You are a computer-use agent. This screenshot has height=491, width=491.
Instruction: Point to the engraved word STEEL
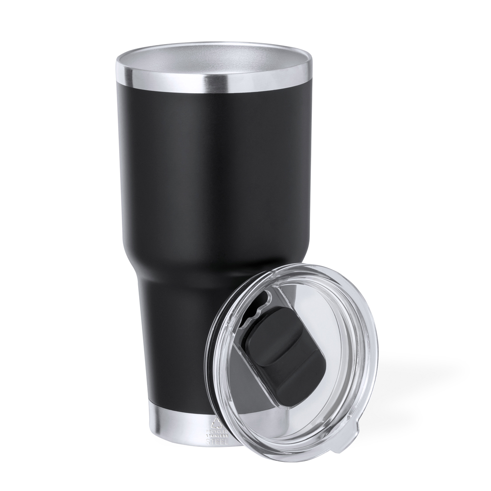point(217,441)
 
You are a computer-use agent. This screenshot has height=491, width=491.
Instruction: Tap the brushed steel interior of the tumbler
point(214,64)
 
